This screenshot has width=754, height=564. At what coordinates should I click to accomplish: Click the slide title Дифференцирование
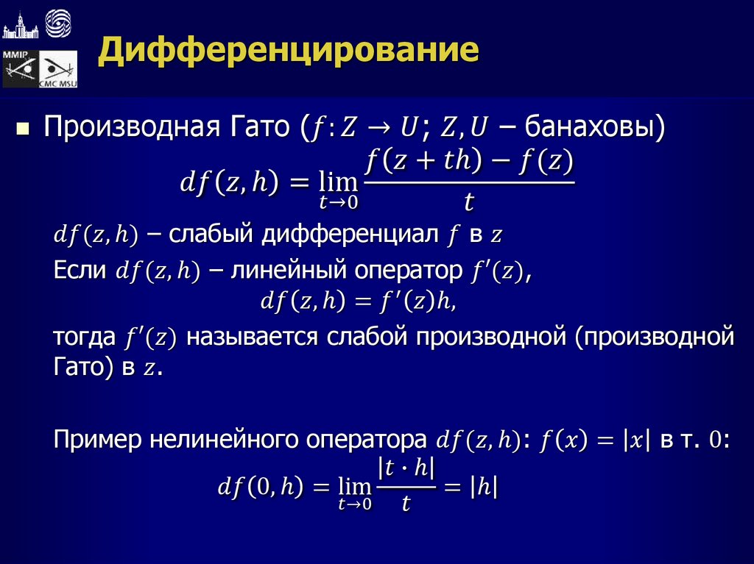point(289,52)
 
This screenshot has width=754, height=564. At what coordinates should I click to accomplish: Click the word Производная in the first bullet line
point(128,127)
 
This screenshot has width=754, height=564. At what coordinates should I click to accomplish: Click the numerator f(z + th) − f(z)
point(469,161)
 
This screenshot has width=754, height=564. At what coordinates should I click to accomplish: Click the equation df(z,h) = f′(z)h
point(364,301)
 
